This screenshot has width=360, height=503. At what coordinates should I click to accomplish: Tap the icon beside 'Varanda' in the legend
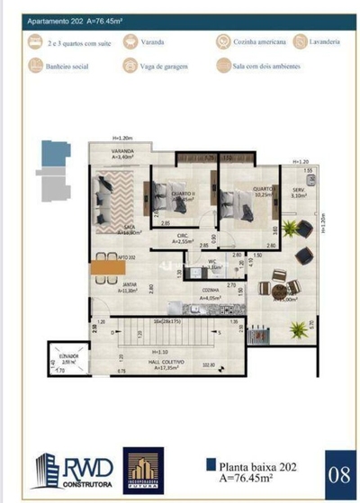point(131,41)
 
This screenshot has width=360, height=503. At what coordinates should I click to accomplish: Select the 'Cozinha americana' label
point(259,41)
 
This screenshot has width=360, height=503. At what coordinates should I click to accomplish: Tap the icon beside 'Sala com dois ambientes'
point(222,66)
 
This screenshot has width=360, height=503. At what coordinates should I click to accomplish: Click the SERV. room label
point(297,191)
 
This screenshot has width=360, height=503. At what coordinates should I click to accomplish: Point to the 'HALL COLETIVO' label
point(168,365)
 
